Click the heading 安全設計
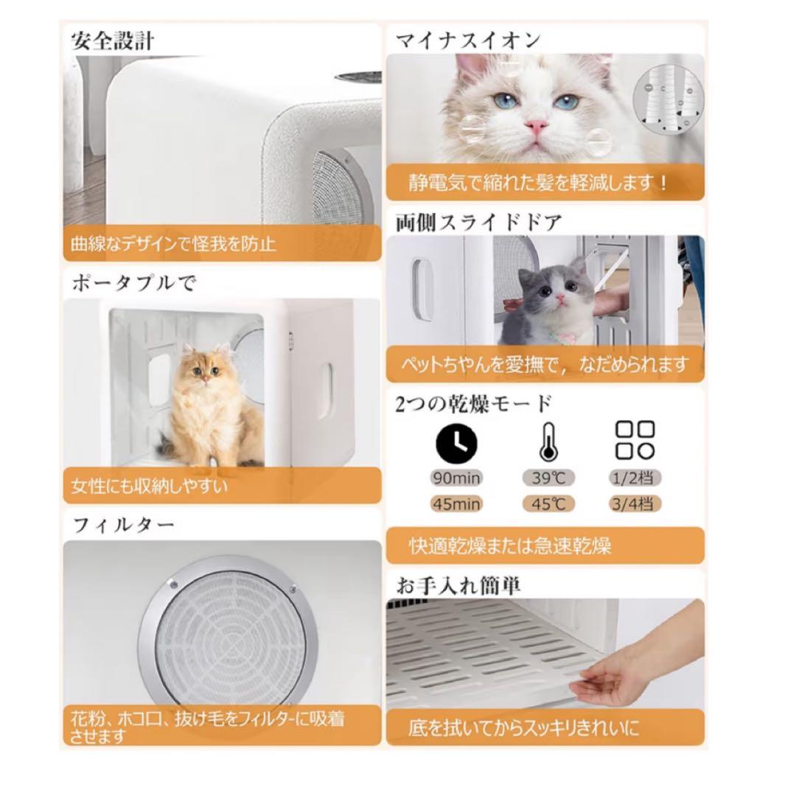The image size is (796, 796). [113, 41]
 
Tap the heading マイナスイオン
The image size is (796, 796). [467, 40]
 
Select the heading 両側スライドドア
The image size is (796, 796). [479, 221]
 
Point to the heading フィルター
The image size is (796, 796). [124, 526]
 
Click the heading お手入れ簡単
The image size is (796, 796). [458, 585]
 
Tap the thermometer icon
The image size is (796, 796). [545, 443]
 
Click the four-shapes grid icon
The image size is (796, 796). [635, 441]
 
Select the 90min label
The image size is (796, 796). [456, 478]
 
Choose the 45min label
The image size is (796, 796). [456, 504]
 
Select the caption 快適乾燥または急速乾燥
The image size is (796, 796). [510, 546]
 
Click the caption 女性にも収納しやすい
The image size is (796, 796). [150, 486]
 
